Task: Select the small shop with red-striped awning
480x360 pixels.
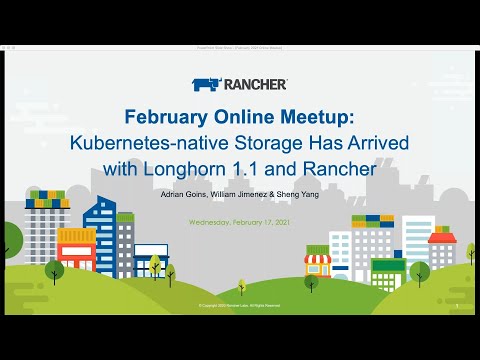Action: tap(318, 265)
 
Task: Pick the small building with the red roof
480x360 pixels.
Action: tap(441, 250)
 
